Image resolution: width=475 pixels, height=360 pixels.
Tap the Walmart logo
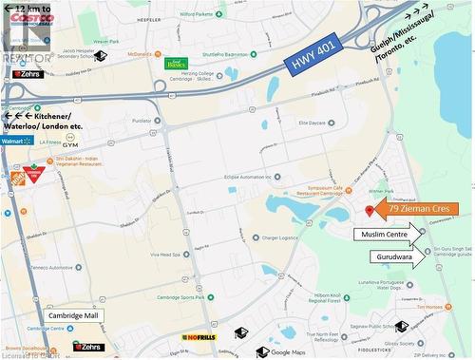click(11, 141)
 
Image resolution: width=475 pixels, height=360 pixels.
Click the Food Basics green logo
click(175, 64)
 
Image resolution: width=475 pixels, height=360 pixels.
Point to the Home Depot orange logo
click(14, 177)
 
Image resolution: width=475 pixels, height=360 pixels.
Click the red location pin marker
click(370, 210)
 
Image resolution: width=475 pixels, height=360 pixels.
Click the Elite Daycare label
click(313, 123)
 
